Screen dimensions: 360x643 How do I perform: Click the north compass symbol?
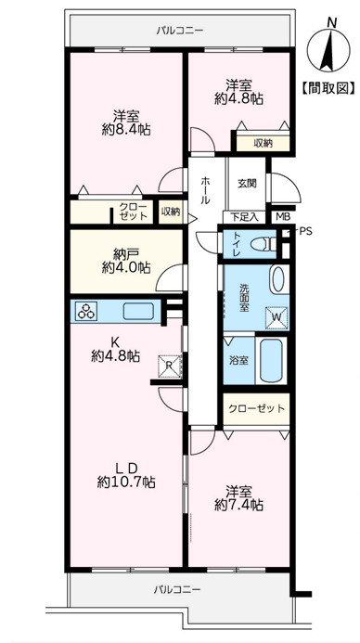(x=328, y=48)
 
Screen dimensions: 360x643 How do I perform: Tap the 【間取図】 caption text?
(x=328, y=88)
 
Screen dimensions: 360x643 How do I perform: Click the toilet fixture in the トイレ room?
(x=264, y=244)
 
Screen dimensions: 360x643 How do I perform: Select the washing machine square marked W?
(x=276, y=317)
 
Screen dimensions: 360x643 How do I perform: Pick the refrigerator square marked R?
(x=170, y=365)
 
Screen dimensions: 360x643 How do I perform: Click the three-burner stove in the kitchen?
(x=86, y=311)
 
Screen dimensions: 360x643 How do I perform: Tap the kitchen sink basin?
(x=138, y=311)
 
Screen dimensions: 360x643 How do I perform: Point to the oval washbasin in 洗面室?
(x=277, y=279)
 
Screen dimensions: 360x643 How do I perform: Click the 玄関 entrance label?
(x=247, y=183)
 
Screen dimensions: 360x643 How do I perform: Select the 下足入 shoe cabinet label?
(x=244, y=216)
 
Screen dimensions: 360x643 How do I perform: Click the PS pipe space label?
(x=305, y=231)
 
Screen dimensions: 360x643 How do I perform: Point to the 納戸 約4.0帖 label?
(x=126, y=262)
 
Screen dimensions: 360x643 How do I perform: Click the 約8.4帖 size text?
(x=126, y=129)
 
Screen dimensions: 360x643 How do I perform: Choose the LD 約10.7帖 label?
(x=126, y=475)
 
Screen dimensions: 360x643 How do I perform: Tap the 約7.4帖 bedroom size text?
(x=238, y=505)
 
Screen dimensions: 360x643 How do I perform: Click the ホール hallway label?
(x=206, y=190)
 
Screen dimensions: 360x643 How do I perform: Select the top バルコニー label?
(x=180, y=30)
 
